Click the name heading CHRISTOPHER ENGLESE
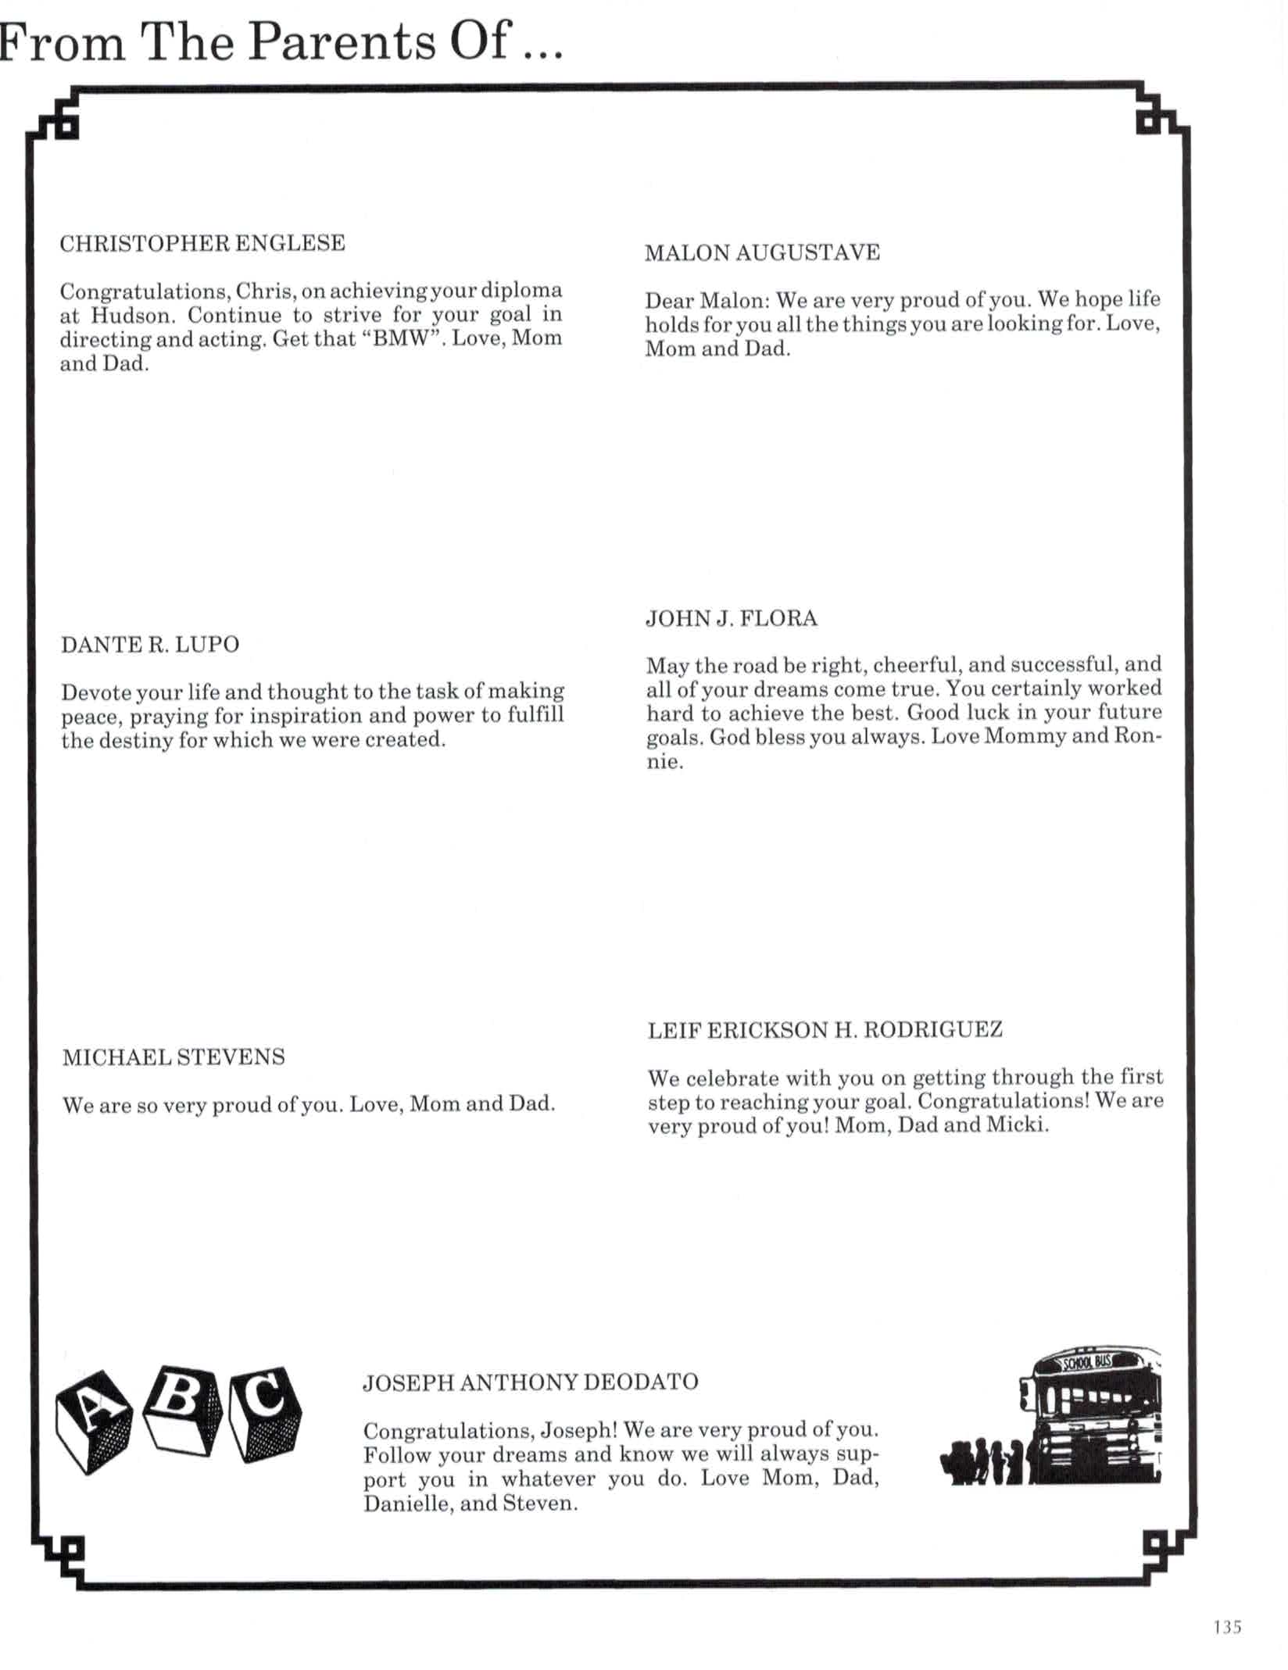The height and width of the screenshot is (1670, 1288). tap(202, 243)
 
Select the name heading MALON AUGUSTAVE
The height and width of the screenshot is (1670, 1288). tap(762, 252)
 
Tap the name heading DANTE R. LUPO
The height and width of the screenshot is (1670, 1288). tap(150, 645)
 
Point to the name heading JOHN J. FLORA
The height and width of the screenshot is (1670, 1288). tap(732, 619)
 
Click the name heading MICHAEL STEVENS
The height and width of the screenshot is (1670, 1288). tap(174, 1057)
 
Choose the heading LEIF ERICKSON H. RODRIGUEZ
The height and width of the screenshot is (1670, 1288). tap(825, 1030)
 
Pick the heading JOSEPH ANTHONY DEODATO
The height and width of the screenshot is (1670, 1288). tap(531, 1382)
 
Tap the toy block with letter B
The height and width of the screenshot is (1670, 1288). tap(184, 1409)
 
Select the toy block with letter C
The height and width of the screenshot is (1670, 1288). tap(266, 1413)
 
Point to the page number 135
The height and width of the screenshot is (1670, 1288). tap(1228, 1626)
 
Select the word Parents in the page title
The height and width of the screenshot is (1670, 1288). tap(342, 41)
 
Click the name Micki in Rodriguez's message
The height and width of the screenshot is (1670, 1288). tap(1019, 1125)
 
